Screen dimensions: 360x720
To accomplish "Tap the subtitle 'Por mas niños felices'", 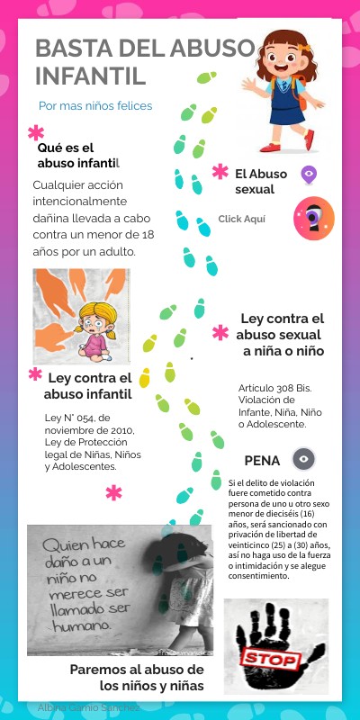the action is coord(95,106).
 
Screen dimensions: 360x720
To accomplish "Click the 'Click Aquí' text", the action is coord(242,219).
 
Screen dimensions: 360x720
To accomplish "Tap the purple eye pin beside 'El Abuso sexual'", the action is coord(309,175).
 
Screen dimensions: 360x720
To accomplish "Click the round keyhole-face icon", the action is coord(313,218).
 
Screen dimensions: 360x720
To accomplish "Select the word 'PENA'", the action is coord(262,460).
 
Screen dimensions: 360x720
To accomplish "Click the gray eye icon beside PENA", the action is coord(305,459).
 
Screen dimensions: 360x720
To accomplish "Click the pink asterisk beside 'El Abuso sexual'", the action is coord(220,172).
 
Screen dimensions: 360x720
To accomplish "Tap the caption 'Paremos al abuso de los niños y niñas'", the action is coord(137,677).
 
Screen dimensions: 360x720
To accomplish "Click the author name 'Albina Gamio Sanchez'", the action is coord(88,707).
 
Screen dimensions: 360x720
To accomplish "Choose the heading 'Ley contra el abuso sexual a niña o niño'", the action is coord(282,335).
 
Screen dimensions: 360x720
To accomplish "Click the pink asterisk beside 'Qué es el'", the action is coord(36,133).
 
